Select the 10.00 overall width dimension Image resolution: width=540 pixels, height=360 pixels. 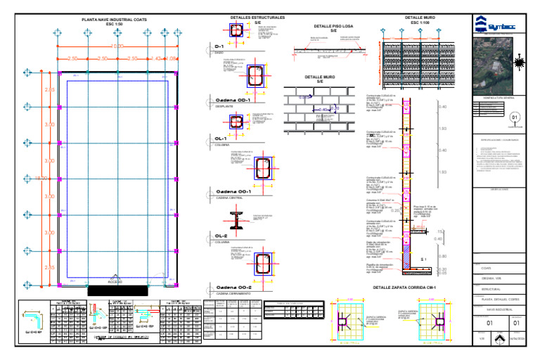pyautogui.click(x=117, y=46)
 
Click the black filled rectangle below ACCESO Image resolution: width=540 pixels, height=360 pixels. pyautogui.click(x=117, y=290)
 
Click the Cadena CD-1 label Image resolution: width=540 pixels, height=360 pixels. pyautogui.click(x=233, y=101)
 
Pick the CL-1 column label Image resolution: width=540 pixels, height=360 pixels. pyautogui.click(x=221, y=139)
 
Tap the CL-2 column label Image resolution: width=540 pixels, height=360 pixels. pyautogui.click(x=221, y=236)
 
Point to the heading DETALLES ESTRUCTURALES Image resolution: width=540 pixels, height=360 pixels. pyautogui.click(x=258, y=17)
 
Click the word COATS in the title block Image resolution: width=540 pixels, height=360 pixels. pyautogui.click(x=487, y=268)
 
